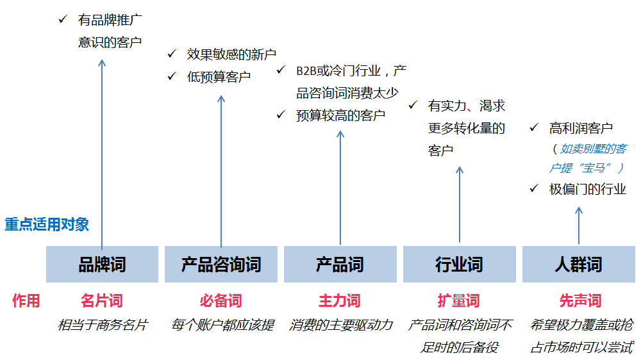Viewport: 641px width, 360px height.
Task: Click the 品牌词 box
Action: pos(102,264)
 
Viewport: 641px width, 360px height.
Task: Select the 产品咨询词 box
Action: pos(221,264)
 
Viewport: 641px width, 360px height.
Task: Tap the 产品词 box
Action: pos(340,264)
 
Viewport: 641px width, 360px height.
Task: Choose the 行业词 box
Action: pos(460,264)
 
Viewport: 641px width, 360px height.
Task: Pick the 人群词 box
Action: pos(578,264)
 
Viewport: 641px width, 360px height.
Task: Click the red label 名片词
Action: pos(102,301)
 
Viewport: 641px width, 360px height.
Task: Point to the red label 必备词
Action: pos(221,301)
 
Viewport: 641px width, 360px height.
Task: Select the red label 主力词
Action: pos(340,301)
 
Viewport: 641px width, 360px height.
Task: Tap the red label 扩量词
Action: pos(459,301)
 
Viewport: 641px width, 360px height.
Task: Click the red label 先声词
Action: pos(581,301)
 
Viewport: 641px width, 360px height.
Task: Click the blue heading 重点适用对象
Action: pos(47,224)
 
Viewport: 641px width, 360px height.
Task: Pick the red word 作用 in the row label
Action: pos(26,301)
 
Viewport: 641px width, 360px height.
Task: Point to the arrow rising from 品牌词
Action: pos(102,154)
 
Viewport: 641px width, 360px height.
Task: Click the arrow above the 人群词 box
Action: pos(579,226)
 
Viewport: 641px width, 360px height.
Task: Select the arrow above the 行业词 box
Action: pos(460,205)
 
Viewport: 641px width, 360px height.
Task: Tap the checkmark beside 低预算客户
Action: pos(172,76)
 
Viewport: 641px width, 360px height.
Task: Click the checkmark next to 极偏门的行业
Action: pos(534,188)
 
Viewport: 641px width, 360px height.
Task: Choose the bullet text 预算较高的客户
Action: pos(340,116)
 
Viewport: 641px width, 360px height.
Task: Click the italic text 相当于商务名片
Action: pos(103,325)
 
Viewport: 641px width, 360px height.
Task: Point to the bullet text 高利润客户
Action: pos(581,128)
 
